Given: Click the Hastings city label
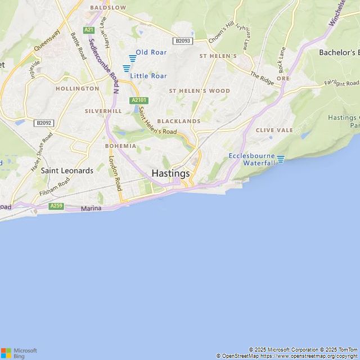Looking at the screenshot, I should click(170, 174).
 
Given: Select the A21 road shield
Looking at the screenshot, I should click(89, 30).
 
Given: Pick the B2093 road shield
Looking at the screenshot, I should click(182, 41).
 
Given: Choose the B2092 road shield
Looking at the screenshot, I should click(43, 123).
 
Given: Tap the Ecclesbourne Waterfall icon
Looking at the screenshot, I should click(281, 159).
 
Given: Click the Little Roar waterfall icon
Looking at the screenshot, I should click(126, 68).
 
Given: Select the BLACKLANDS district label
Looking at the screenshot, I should click(179, 121).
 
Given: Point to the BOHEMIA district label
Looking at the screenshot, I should click(120, 146).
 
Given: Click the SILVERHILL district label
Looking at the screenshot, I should click(103, 111).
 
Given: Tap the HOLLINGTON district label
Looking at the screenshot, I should click(77, 88).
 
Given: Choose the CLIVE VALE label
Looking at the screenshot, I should click(274, 130).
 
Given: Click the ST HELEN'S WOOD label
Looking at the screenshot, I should click(200, 91).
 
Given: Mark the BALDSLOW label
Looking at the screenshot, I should click(108, 8).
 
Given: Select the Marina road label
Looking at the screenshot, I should click(91, 209).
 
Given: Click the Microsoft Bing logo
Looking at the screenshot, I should click(19, 353).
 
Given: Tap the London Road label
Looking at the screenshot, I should click(115, 174).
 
